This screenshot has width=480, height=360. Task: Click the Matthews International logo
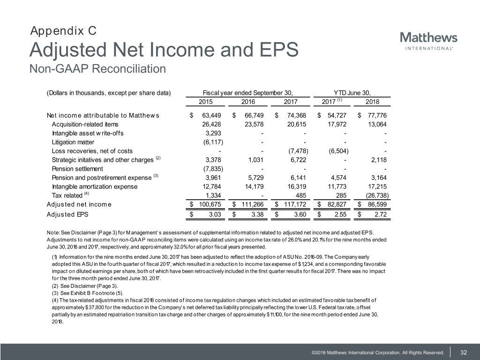coord(428,41)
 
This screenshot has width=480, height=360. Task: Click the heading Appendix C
coord(63,31)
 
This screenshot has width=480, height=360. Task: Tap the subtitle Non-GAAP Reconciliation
coord(97,69)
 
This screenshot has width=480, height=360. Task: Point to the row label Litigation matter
coord(73,142)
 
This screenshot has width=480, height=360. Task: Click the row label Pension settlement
coord(77,169)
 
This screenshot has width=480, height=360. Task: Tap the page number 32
coord(464,352)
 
